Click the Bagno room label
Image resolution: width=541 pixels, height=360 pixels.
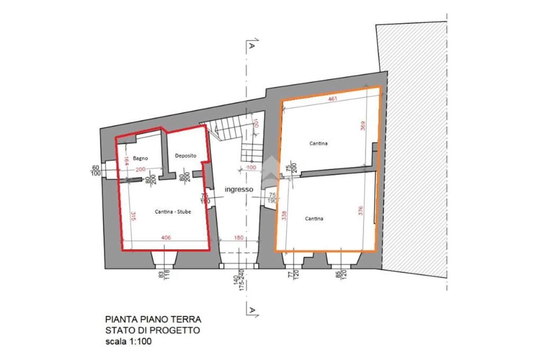coord(140,158)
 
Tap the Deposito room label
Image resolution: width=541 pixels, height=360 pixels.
coord(186,156)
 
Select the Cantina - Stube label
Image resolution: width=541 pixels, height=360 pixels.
coord(173,212)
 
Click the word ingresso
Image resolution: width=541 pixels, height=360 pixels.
coord(239,189)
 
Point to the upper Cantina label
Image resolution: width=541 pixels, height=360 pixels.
coord(318,143)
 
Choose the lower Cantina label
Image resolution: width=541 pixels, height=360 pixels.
coord(314,219)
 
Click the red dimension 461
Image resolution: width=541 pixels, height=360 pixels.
coord(333,98)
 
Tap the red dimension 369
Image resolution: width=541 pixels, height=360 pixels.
coord(363,126)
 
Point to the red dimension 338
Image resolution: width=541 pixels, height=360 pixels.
coord(284,215)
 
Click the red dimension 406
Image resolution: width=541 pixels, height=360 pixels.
coord(166,238)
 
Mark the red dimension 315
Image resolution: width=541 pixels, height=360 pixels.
coord(133,216)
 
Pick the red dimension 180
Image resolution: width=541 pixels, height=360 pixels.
coord(239,238)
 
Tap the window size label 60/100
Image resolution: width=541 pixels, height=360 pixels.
coord(96,170)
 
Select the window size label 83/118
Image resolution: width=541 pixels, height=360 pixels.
coord(163,275)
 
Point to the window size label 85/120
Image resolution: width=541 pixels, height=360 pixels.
coord(341,275)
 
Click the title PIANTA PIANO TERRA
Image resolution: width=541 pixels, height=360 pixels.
coord(153,319)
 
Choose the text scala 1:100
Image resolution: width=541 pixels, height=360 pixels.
coord(128,341)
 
